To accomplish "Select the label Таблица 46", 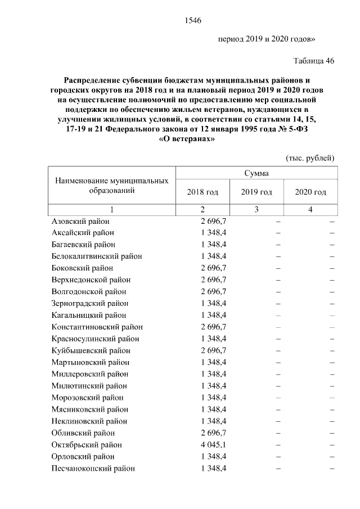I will [313, 61].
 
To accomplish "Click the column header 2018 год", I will [202, 192].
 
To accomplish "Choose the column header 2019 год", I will [256, 192].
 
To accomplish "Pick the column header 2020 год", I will [310, 192].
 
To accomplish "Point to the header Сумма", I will [256, 173].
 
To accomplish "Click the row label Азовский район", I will [80, 221].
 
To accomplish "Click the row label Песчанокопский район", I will [93, 468].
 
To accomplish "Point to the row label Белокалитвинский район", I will [96, 256].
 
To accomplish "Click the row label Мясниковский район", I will [89, 409].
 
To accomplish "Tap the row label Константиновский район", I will [97, 327].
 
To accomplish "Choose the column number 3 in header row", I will [256, 210].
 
